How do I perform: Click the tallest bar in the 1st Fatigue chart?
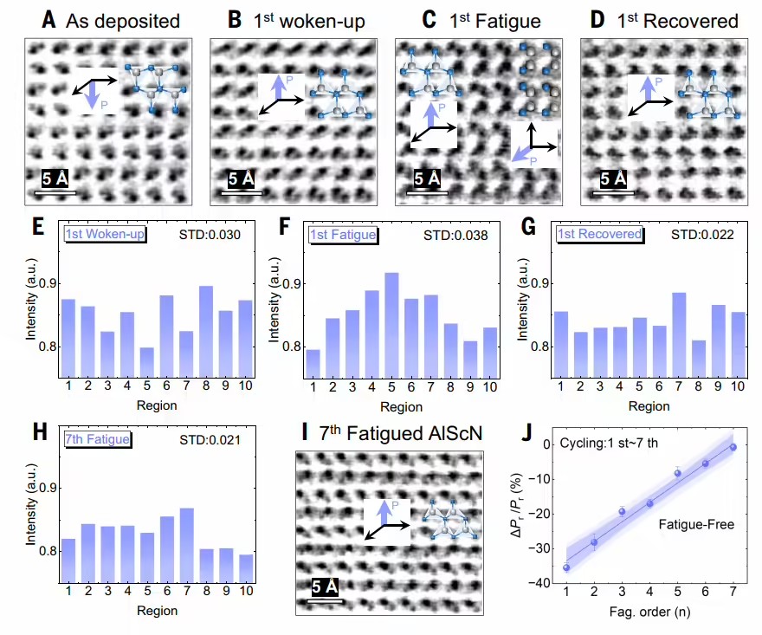tap(391, 325)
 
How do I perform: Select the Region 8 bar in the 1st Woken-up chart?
tap(206, 332)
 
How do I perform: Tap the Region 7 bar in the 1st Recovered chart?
tap(679, 335)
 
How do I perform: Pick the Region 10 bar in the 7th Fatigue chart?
tap(246, 568)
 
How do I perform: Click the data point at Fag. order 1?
tap(566, 567)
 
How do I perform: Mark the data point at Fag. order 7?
tap(733, 447)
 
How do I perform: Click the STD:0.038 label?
tap(455, 236)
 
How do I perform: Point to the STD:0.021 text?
tap(210, 440)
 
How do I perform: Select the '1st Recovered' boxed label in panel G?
tap(600, 235)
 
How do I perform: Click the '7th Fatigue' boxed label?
tap(97, 439)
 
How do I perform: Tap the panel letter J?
tap(526, 432)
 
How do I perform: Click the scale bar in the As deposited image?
tap(55, 193)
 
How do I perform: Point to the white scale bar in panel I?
tap(326, 601)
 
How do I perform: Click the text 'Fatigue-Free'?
tap(696, 525)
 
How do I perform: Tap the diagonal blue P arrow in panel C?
tap(521, 152)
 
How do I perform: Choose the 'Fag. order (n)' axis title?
tap(649, 612)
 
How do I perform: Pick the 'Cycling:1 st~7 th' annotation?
tap(609, 443)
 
